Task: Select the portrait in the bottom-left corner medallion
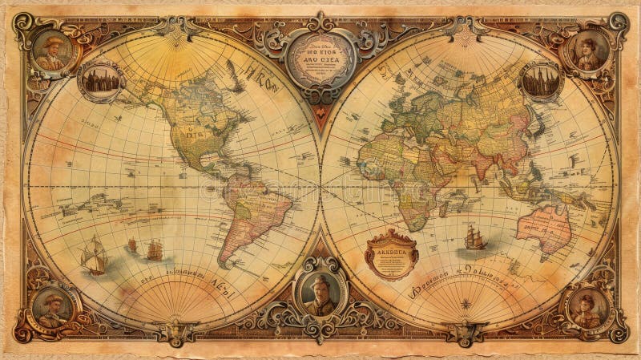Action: pyautogui.click(x=53, y=307)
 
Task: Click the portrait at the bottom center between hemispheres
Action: pyautogui.click(x=320, y=293)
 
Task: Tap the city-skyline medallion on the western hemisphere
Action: pyautogui.click(x=100, y=80)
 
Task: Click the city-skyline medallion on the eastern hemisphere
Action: pyautogui.click(x=541, y=80)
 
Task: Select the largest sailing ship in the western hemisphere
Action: pyautogui.click(x=94, y=257)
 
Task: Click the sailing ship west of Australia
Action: pyautogui.click(x=474, y=237)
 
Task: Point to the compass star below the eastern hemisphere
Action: pyautogui.click(x=465, y=304)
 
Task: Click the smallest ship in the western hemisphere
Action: pyautogui.click(x=132, y=245)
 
